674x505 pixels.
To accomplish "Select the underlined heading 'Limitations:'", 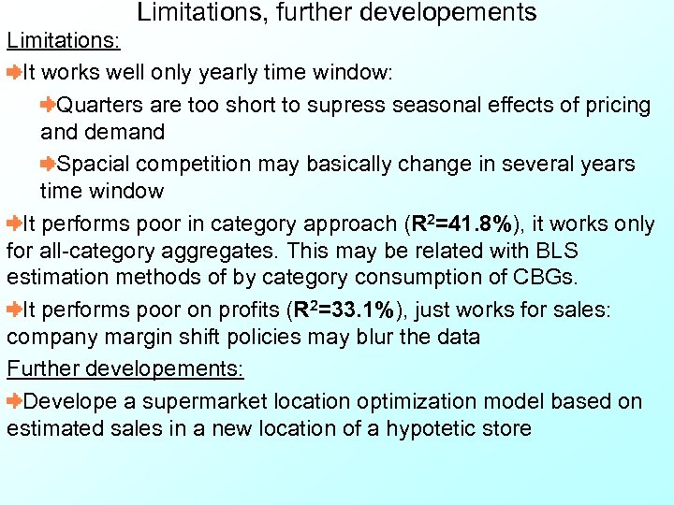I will (x=62, y=42).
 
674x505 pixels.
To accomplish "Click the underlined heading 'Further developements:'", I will (x=125, y=368).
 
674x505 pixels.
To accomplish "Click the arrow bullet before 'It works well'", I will (x=14, y=72).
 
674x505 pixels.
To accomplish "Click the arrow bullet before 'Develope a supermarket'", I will (x=14, y=401).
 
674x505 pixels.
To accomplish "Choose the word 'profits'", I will (x=245, y=310).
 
